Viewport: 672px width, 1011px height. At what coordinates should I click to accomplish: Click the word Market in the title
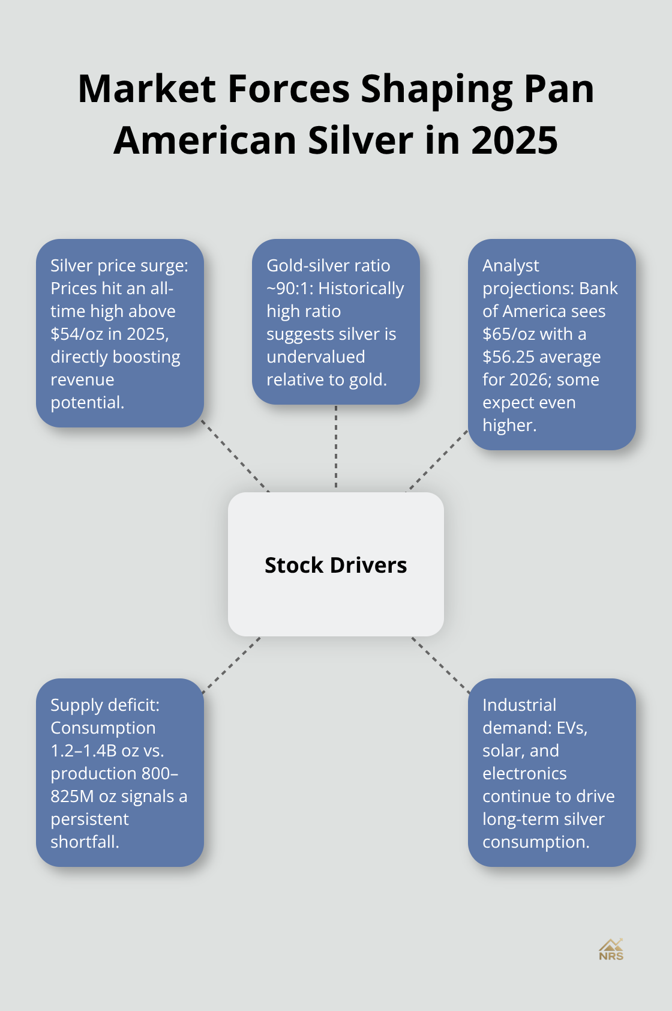click(146, 89)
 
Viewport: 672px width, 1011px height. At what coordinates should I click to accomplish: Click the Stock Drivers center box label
click(335, 565)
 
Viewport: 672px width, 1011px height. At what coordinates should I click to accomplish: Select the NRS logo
click(611, 950)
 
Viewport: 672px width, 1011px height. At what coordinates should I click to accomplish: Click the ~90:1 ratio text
click(290, 288)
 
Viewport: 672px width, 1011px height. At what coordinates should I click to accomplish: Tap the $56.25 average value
click(511, 357)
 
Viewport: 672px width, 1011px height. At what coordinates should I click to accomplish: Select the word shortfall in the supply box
click(85, 842)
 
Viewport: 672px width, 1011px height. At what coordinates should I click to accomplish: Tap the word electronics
click(524, 773)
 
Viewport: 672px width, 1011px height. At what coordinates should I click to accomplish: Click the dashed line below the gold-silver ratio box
click(336, 447)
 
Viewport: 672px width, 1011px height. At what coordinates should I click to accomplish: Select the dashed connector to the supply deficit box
click(231, 665)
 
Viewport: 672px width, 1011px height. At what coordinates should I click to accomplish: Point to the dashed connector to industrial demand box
click(441, 665)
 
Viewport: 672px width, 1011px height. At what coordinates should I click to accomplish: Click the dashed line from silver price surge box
click(235, 456)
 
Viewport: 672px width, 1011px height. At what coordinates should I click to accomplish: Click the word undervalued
click(316, 357)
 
